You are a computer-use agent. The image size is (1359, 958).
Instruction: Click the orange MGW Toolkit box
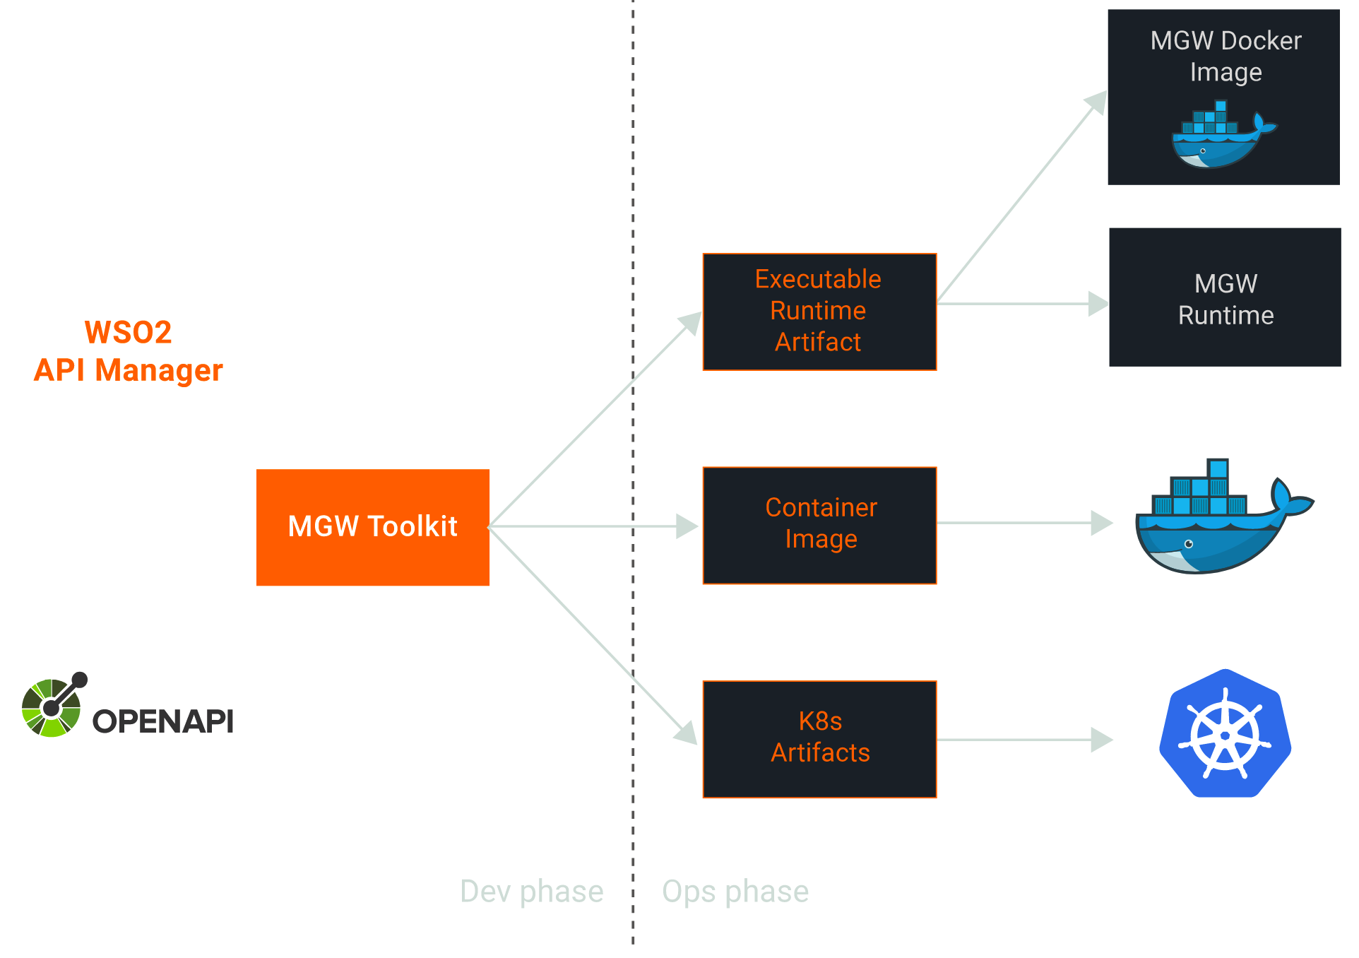(372, 527)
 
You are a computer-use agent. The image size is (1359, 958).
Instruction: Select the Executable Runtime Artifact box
(819, 312)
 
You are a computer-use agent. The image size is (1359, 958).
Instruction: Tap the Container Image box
(819, 525)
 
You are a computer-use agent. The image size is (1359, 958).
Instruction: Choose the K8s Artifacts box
(819, 739)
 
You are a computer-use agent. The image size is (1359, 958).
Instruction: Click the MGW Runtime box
(1225, 297)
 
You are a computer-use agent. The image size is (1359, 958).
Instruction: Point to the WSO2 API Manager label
(128, 351)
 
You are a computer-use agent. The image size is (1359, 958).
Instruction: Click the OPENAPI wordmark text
(162, 721)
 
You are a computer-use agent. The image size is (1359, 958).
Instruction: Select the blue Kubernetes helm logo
(1225, 734)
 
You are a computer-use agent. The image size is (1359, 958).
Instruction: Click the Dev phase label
(531, 892)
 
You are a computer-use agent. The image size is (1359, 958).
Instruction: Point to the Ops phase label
(735, 892)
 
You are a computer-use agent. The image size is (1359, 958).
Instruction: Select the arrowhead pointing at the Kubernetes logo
(1102, 740)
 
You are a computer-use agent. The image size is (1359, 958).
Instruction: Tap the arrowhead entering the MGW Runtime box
(1098, 304)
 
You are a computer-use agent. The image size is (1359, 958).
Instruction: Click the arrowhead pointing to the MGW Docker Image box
(1096, 102)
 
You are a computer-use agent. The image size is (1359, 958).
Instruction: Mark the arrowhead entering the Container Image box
(687, 526)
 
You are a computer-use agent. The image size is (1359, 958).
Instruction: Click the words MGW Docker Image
(1226, 57)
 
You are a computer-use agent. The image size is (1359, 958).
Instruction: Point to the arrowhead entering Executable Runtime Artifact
(689, 324)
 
